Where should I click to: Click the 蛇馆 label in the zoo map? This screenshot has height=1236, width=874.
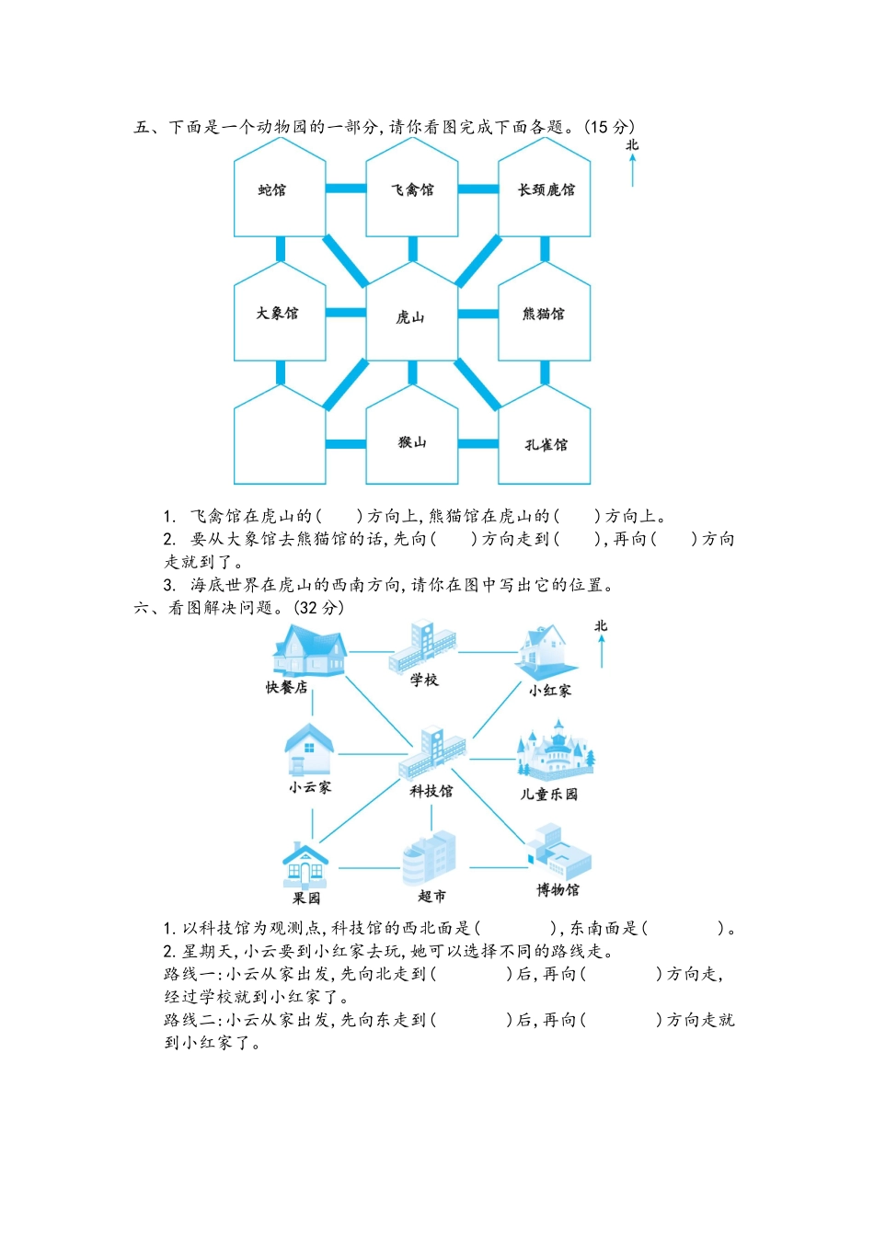(272, 190)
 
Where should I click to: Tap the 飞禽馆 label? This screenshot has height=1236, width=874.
(412, 190)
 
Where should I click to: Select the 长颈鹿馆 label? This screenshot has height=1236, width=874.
(546, 190)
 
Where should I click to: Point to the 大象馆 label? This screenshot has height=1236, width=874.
(277, 314)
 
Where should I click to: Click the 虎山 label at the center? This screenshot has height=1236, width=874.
(410, 317)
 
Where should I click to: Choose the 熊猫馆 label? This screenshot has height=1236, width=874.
(544, 314)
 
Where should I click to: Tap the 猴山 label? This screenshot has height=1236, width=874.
(412, 442)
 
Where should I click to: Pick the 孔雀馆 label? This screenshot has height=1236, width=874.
(546, 445)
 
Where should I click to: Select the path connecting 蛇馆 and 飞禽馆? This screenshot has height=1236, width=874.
(346, 189)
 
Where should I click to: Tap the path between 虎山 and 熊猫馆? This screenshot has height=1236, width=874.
(478, 314)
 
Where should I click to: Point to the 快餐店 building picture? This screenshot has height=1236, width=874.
(308, 651)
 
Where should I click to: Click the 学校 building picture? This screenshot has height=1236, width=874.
(422, 647)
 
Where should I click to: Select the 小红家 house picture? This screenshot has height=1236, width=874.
(546, 652)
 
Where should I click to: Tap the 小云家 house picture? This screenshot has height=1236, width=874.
(309, 750)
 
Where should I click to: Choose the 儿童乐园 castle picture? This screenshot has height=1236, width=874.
(555, 752)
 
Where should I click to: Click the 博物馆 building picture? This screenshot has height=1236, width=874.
(559, 853)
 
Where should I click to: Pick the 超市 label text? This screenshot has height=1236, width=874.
(431, 896)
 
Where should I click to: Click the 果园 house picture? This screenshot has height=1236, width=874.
(305, 864)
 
